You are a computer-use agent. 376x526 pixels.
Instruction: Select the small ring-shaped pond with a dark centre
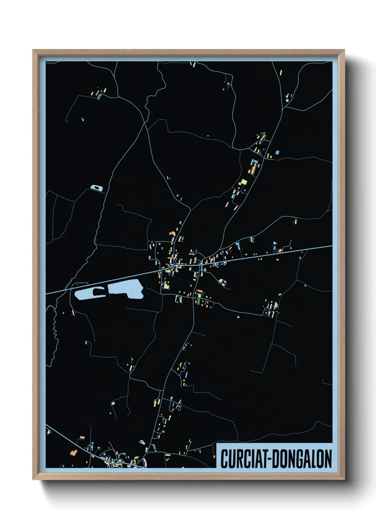(97, 187)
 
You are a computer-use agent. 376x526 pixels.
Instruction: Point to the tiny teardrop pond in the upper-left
(82, 120)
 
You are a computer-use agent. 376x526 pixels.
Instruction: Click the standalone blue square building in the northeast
(277, 152)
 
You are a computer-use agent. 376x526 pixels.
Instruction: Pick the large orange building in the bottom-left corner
(74, 452)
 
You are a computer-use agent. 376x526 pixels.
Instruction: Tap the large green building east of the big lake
(166, 284)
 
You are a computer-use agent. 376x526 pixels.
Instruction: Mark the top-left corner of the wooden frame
(33, 50)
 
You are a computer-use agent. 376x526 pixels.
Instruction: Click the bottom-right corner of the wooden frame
(344, 479)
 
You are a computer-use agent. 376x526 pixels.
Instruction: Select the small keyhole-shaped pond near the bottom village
(143, 442)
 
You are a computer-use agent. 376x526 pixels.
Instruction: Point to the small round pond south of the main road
(238, 316)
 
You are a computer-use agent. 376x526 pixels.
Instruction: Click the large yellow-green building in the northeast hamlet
(243, 182)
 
